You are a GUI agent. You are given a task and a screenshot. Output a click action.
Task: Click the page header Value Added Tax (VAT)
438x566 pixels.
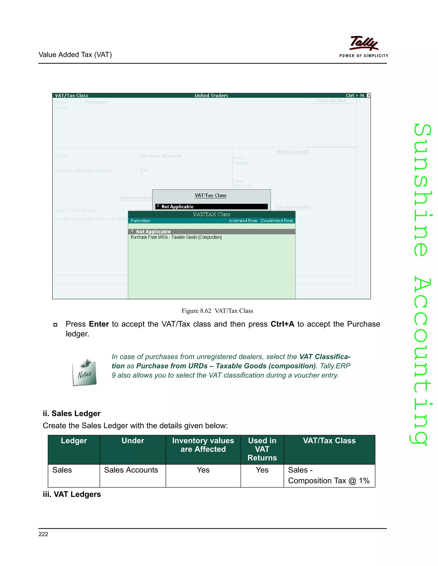[75, 55]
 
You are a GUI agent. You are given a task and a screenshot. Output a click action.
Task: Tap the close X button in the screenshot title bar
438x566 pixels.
[368, 95]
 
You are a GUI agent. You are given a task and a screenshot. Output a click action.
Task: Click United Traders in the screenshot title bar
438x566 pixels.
[211, 95]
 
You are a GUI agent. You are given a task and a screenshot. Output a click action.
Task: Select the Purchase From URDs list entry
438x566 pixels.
[176, 237]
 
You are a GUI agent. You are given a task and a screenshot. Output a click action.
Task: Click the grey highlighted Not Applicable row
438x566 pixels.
[212, 232]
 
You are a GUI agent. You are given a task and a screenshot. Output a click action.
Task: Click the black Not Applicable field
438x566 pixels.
[211, 207]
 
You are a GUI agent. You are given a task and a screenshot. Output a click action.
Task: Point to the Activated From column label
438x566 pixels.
[243, 221]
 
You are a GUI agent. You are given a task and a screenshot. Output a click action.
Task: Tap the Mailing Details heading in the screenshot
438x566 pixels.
[293, 151]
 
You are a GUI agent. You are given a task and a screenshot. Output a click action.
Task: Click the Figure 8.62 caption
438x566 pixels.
[217, 311]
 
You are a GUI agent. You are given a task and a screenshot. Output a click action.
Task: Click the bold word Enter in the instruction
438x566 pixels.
[99, 324]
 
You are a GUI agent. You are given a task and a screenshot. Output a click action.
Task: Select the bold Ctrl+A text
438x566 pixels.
[282, 324]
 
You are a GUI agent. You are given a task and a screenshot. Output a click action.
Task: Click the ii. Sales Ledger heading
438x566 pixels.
[72, 413]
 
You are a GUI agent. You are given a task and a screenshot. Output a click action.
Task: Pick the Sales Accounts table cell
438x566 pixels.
[131, 470]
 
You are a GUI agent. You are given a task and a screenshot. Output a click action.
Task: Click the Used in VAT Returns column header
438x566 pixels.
[262, 449]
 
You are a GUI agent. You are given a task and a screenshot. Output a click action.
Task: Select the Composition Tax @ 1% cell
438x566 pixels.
[329, 481]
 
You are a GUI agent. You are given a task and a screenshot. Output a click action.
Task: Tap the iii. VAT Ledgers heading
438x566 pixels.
[72, 494]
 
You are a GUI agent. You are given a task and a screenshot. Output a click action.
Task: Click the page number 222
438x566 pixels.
[43, 534]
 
